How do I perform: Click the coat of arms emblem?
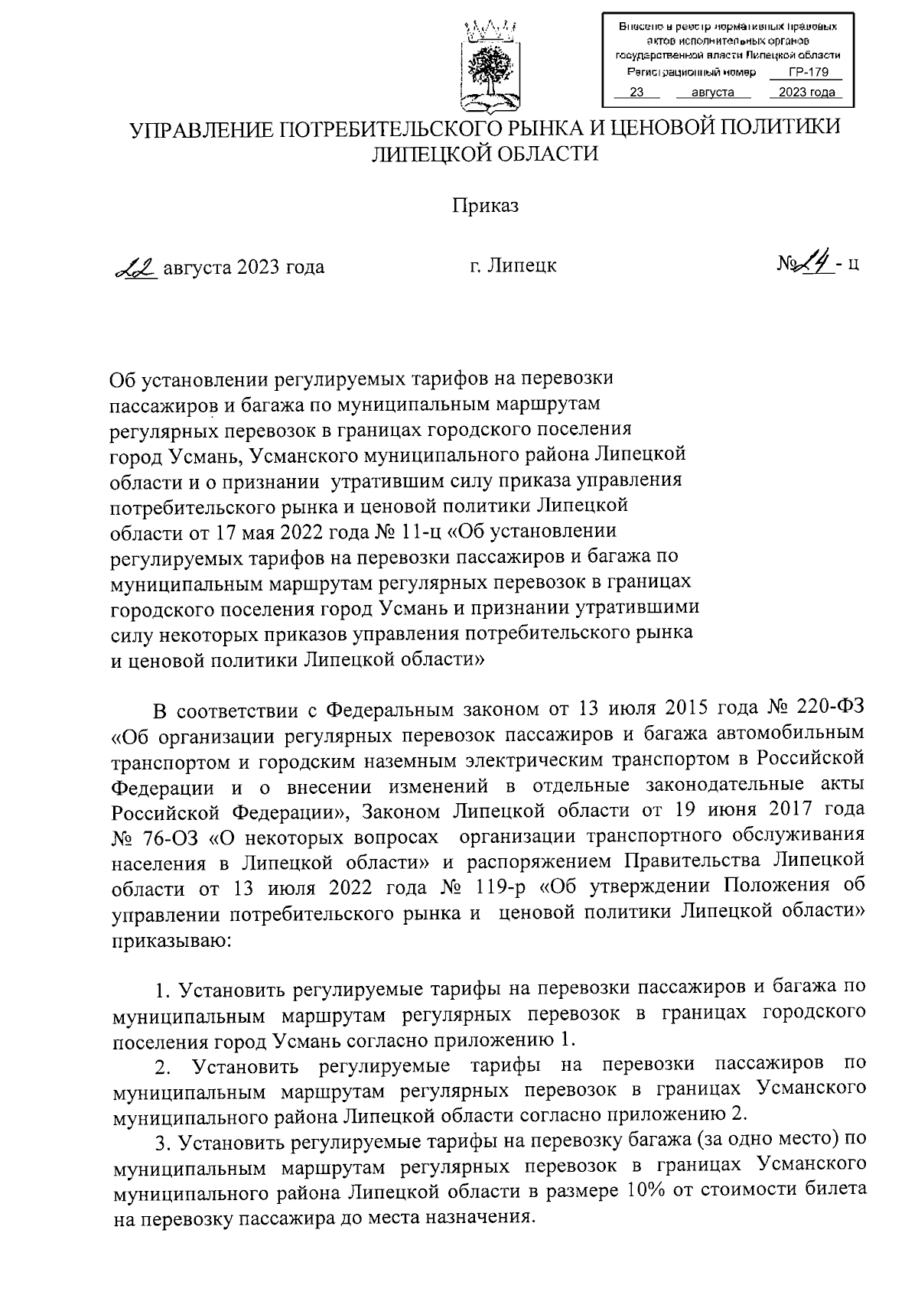coord(489,64)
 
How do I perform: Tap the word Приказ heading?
coord(485,207)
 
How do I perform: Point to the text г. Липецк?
coord(513,266)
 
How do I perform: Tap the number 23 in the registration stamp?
coord(634,93)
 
